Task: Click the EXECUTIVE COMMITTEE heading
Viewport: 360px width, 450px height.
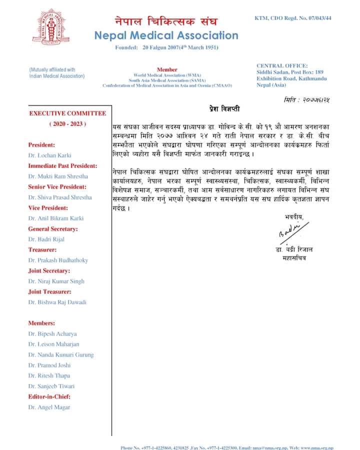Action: coord(67,113)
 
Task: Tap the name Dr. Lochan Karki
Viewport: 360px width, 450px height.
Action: coord(50,155)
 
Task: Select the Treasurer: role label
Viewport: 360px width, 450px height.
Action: coord(42,249)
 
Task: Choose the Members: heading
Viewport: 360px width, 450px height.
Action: coord(41,323)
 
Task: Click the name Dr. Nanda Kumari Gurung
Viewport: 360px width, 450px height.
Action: coord(61,354)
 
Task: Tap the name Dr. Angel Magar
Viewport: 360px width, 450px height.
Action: coord(49,407)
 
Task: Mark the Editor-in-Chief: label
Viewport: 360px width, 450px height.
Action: coord(49,396)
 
